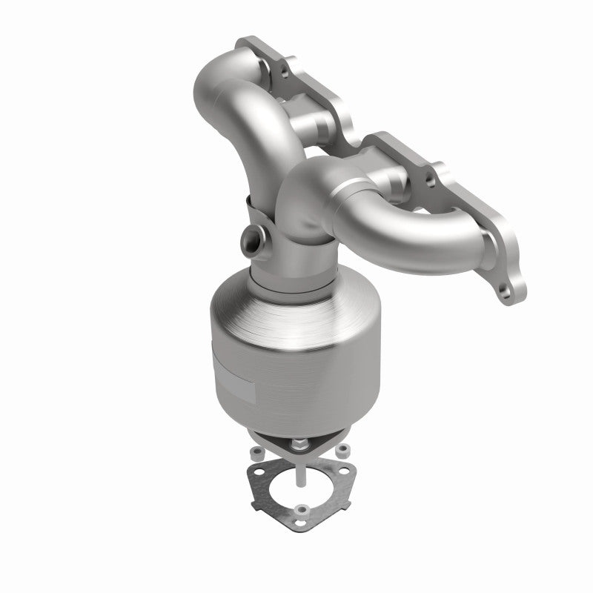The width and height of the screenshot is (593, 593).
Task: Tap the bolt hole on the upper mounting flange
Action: (x=282, y=73)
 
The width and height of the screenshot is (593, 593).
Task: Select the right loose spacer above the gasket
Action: (x=343, y=451)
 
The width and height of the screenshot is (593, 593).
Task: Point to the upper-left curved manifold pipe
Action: (x=233, y=111)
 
